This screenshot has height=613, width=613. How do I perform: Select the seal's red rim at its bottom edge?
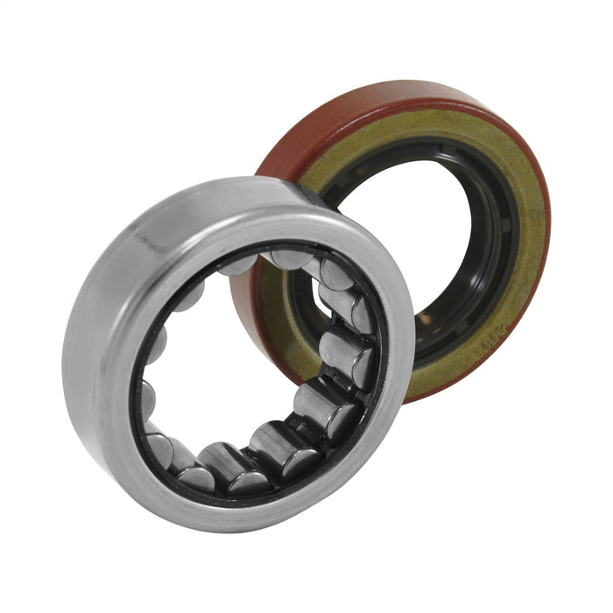click(x=438, y=394)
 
